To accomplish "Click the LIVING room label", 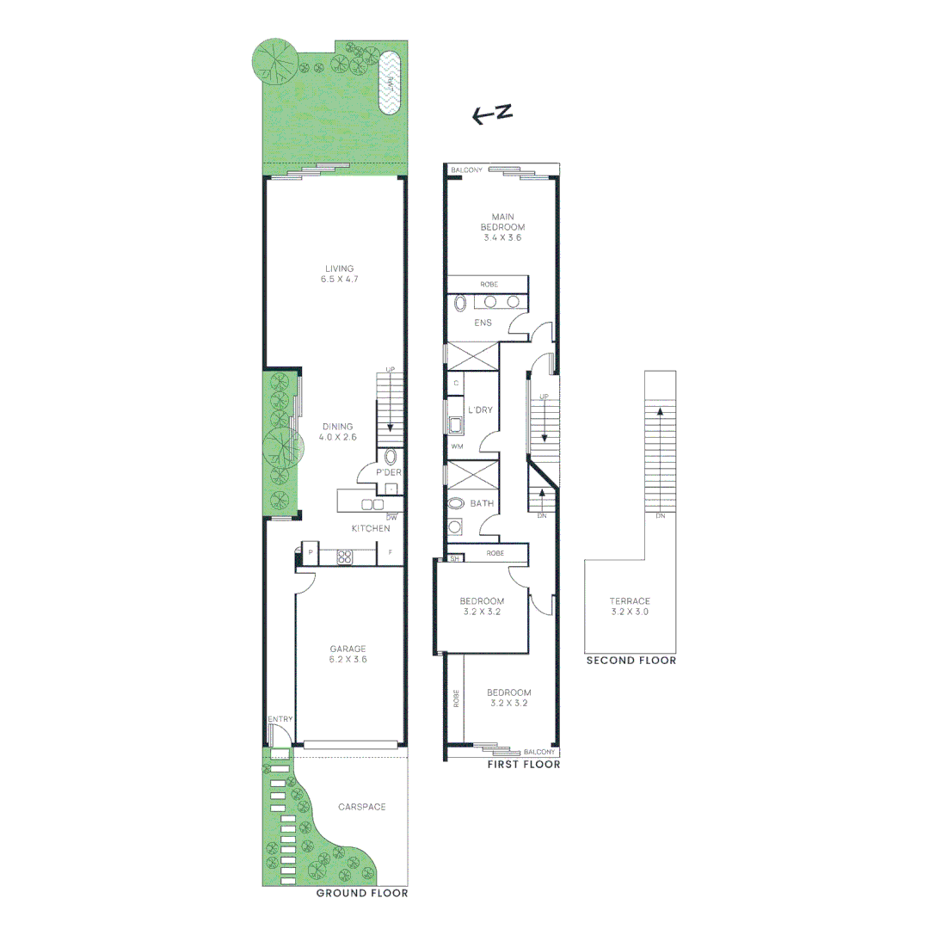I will [339, 268].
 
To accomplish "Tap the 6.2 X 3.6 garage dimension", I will [348, 660].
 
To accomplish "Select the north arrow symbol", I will [493, 114].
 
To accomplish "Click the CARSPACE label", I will [361, 807].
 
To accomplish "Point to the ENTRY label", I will [280, 719].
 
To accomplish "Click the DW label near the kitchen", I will [391, 517].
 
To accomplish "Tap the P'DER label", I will [389, 472].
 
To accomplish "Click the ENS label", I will [483, 323].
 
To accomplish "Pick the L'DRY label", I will [480, 410].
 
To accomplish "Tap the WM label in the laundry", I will [456, 446].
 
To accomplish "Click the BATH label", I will [481, 503].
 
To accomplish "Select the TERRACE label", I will [630, 601].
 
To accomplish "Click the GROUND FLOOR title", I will [361, 894].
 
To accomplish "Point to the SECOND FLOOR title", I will [631, 661].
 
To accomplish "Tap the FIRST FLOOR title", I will [523, 764].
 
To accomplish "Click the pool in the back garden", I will [391, 84].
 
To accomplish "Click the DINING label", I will [338, 427].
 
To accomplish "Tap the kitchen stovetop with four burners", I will [344, 556].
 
